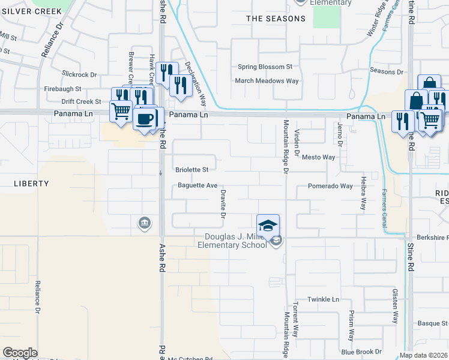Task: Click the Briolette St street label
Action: pyautogui.click(x=191, y=170)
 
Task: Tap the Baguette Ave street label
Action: pyautogui.click(x=197, y=185)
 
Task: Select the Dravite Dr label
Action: pyautogui.click(x=223, y=203)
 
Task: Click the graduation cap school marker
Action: pyautogui.click(x=268, y=226)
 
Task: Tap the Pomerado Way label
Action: pyautogui.click(x=330, y=186)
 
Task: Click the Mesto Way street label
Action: pyautogui.click(x=318, y=157)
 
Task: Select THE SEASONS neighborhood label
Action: pyautogui.click(x=276, y=19)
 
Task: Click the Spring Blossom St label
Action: pyautogui.click(x=265, y=67)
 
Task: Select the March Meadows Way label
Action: pyautogui.click(x=267, y=81)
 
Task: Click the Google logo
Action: pyautogui.click(x=20, y=353)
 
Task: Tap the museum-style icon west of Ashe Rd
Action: pyautogui.click(x=144, y=224)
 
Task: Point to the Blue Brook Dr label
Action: pyautogui.click(x=361, y=352)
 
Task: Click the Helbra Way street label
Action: pyautogui.click(x=363, y=192)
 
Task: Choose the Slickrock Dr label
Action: pyautogui.click(x=79, y=75)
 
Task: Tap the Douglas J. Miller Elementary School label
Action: pyautogui.click(x=236, y=241)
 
